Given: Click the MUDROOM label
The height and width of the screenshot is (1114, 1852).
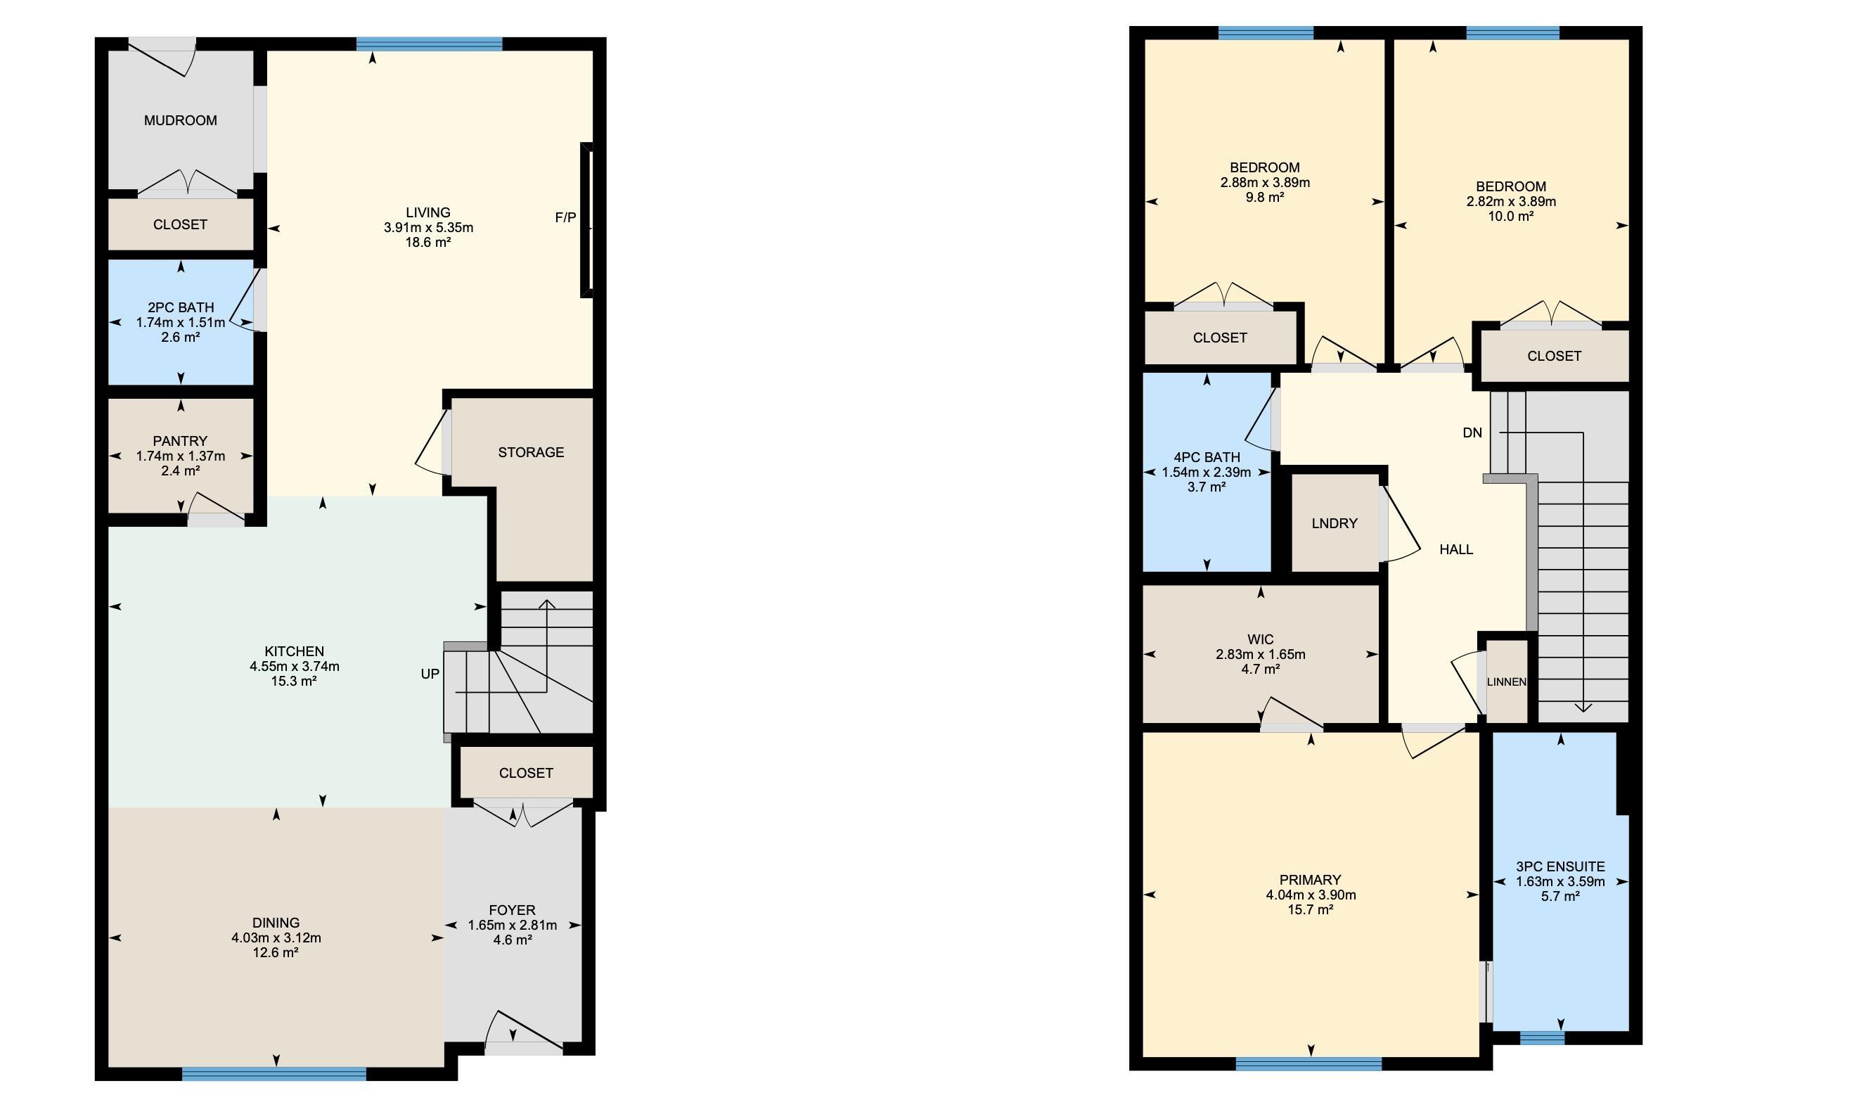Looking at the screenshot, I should (180, 120).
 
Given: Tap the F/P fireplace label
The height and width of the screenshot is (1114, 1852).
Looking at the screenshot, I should (565, 218).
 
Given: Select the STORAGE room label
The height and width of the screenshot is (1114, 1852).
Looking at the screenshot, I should (531, 452).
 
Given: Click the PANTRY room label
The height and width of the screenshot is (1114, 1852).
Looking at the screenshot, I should (180, 441).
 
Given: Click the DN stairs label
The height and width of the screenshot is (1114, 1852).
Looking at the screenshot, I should (1472, 433).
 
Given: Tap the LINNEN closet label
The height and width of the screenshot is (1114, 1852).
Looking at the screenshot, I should (1506, 682).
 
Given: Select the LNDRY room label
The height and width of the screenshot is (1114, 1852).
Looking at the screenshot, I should (1335, 523).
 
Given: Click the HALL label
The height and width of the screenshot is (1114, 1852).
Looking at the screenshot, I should (1455, 549).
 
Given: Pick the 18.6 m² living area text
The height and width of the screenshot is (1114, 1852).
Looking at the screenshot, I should (427, 243).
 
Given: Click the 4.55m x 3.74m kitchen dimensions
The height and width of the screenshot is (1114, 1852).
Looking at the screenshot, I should (294, 666).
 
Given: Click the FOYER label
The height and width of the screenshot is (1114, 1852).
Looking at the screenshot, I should (512, 910).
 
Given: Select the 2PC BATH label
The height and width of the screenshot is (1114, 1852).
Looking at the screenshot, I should (180, 307).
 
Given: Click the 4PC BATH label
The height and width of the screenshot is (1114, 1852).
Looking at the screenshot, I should (1206, 457).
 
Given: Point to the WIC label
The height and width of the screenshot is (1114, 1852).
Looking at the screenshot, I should (1260, 639).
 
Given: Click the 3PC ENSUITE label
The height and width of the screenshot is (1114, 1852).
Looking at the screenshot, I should (1560, 866).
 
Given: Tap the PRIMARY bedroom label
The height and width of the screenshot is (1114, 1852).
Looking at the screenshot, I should (1310, 880).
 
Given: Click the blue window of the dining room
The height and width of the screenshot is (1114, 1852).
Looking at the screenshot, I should (274, 1074).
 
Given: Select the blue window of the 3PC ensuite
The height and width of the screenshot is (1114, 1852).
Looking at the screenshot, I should (1542, 1038).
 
